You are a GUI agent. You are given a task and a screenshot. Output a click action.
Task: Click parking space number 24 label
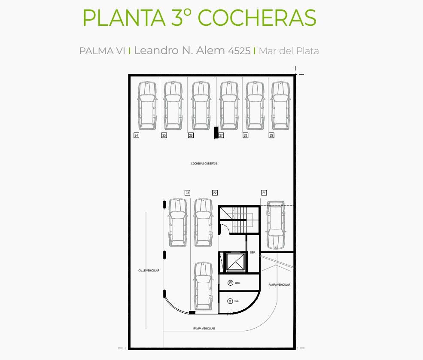tap(137, 135)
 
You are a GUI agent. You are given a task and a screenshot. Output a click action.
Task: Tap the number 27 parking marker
tap(221, 135)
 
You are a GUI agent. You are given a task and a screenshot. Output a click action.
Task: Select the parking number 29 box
tap(271, 135)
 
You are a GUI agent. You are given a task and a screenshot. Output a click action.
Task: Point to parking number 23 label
tap(187, 193)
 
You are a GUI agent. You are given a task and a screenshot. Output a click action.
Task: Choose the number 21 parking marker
tap(264, 193)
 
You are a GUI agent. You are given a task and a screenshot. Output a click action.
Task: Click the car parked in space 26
tap(201, 106)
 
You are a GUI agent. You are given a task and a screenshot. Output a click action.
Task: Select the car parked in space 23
tap(178, 223)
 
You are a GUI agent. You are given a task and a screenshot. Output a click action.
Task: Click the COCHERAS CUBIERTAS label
tap(204, 164)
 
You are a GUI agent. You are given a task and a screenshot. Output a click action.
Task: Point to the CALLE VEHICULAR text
tap(149, 270)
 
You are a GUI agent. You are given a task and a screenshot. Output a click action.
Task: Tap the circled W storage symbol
tap(230, 283)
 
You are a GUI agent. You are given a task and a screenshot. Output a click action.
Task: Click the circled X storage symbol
tap(230, 301)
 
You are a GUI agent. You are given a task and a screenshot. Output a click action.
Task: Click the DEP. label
tap(253, 253)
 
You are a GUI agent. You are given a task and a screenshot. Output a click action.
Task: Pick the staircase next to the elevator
tap(239, 220)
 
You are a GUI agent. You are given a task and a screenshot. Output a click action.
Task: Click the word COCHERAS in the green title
tap(257, 18)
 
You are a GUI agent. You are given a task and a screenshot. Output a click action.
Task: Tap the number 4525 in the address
tap(239, 51)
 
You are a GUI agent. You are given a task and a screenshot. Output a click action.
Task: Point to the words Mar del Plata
tap(289, 51)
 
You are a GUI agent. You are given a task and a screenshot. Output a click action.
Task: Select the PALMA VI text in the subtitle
tap(102, 51)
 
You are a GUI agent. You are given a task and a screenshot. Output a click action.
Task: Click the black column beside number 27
tap(216, 132)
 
